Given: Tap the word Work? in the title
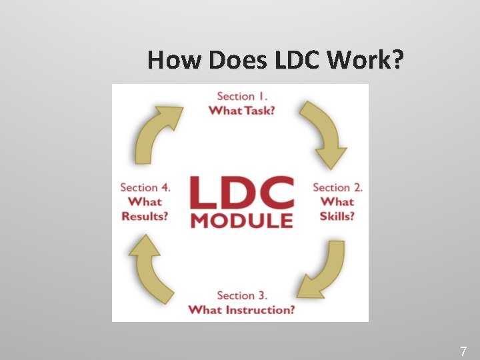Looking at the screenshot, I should point(366,60).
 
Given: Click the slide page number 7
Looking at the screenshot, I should point(464,351).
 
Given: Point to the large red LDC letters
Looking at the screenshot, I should point(241,193).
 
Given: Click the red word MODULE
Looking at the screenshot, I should point(241,221).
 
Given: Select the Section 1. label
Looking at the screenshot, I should point(241,97).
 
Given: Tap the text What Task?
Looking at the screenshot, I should point(241,110).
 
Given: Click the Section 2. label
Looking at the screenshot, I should point(337,187).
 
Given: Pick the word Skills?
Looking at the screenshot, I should point(337,215).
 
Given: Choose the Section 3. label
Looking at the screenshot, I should point(241,295).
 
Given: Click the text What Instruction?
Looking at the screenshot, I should point(241,309).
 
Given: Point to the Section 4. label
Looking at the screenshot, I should point(145,187).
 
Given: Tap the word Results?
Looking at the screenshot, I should point(145,215).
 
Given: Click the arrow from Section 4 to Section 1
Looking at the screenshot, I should point(157,133).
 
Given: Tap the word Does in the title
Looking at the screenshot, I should point(237,60).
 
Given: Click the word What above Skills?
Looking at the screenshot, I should point(337,201).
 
